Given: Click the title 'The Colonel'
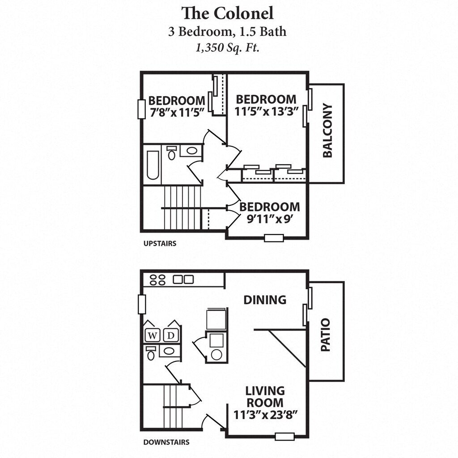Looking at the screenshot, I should pyautogui.click(x=227, y=13).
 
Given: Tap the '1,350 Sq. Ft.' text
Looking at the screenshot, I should pyautogui.click(x=227, y=48).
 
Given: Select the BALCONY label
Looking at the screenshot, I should pyautogui.click(x=327, y=131).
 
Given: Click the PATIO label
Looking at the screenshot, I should pyautogui.click(x=326, y=335).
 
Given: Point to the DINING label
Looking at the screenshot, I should pyautogui.click(x=265, y=300).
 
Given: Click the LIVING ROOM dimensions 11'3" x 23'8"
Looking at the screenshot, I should pyautogui.click(x=266, y=415).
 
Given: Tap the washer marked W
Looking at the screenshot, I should pyautogui.click(x=153, y=335).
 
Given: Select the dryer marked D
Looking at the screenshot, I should pyautogui.click(x=171, y=335).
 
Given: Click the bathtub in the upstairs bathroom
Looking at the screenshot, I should pyautogui.click(x=153, y=165).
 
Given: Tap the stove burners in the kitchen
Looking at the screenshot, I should pyautogui.click(x=158, y=280).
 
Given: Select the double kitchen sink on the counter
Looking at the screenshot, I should pyautogui.click(x=183, y=280).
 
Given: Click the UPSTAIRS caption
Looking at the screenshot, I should pyautogui.click(x=160, y=244).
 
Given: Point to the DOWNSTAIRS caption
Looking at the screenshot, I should pyautogui.click(x=166, y=442).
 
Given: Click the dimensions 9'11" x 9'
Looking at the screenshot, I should pyautogui.click(x=270, y=219).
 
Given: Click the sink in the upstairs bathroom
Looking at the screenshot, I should pyautogui.click(x=191, y=150).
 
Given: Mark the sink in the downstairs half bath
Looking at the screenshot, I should pyautogui.click(x=170, y=351).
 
